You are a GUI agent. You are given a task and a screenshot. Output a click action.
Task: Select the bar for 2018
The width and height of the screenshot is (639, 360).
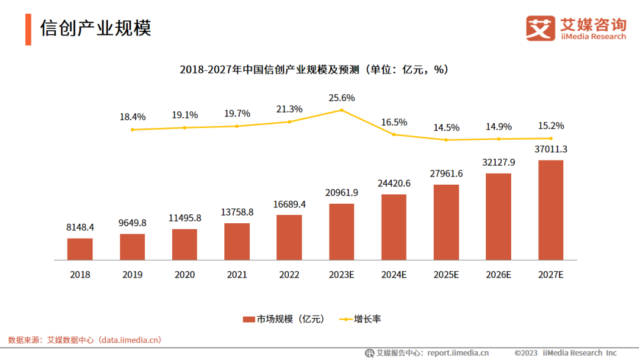80,249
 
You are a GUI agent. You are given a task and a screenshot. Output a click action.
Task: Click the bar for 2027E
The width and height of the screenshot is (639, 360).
550,210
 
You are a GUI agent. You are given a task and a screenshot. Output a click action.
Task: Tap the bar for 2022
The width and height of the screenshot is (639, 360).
289,237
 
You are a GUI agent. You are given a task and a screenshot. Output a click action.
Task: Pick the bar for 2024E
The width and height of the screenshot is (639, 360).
394,227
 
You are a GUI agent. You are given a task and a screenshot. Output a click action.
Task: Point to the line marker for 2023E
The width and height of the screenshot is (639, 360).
342,110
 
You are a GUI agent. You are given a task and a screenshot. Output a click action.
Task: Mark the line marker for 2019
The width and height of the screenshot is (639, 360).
133,130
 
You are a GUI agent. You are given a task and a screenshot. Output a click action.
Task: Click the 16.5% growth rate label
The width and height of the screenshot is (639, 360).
394,122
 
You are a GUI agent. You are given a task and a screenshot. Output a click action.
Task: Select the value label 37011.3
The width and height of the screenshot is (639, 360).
551,149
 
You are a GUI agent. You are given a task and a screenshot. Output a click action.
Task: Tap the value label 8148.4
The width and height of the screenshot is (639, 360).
80,227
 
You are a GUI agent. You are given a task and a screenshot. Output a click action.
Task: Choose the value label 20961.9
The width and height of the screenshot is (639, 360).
342,192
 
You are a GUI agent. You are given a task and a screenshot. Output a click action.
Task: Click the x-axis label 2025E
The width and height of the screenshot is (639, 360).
446,275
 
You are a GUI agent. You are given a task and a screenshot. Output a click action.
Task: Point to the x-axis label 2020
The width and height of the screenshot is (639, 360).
185,275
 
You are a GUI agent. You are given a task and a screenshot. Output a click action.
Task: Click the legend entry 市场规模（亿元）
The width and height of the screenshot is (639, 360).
284,319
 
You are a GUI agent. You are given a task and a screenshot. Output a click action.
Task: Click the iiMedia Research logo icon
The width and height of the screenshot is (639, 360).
541,28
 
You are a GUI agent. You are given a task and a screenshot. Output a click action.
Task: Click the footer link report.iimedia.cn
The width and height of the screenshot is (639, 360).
458,353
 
